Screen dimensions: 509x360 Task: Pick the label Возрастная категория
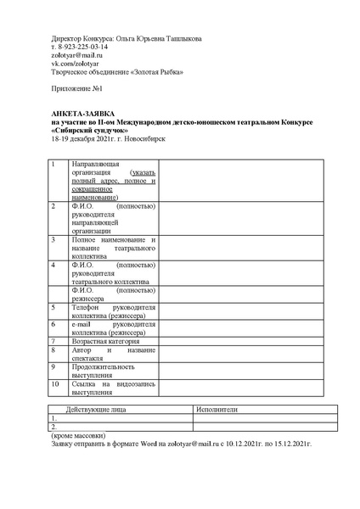pos(107,340)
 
